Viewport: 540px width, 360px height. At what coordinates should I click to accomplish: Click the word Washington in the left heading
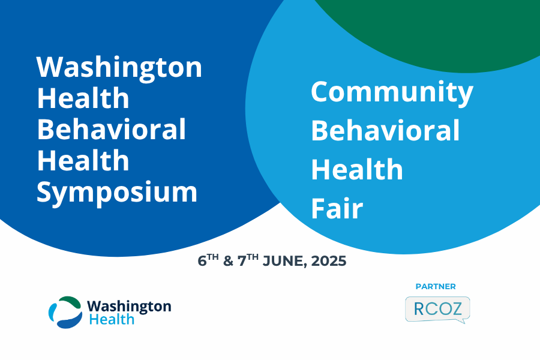coord(119,68)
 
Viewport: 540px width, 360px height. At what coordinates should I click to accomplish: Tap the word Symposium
coord(117,193)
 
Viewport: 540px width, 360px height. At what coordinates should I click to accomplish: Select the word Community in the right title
coord(392,92)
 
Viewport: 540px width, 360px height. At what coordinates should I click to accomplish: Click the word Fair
coord(337,209)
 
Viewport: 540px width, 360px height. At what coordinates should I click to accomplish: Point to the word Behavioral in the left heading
coord(111,130)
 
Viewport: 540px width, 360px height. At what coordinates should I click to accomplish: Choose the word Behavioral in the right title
coord(385,131)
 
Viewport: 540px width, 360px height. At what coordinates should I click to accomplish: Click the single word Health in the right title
coord(356,170)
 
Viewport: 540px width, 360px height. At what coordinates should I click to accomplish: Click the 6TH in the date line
coord(206,262)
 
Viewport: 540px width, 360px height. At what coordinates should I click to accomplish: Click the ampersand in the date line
coord(227,262)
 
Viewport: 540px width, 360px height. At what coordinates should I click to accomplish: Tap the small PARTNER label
coord(436,287)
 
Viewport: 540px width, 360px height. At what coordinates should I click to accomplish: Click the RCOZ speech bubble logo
coord(437,310)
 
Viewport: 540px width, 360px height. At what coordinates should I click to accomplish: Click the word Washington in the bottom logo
coord(129,307)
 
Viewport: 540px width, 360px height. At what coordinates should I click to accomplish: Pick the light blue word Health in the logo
coord(112,320)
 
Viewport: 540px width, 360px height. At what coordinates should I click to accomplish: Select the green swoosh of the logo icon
coord(70,301)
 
